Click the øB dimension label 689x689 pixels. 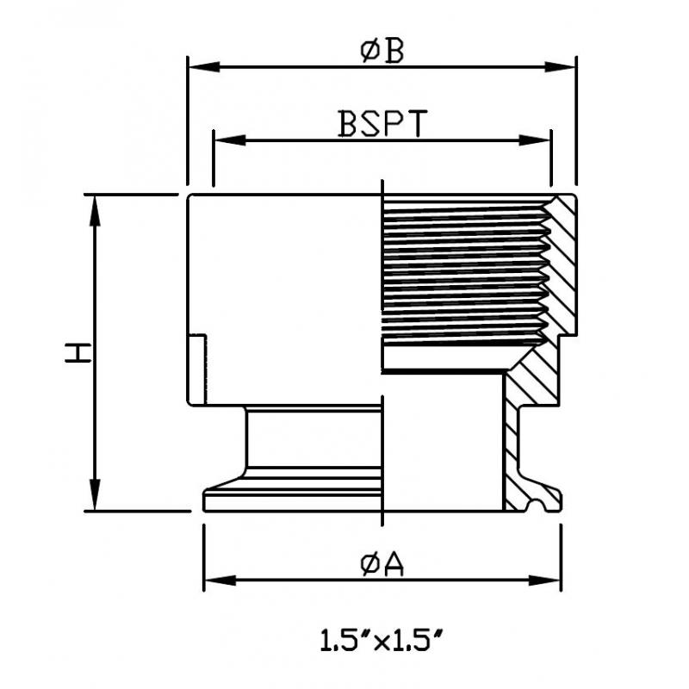pos(382,52)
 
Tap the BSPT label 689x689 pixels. pos(382,123)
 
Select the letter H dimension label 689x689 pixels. pos(78,353)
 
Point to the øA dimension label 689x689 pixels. pos(382,565)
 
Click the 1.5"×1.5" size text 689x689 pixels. pos(381,640)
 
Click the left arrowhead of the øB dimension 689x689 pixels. pos(204,67)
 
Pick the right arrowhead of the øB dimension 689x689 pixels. pos(559,67)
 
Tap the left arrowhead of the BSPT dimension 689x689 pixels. pos(230,140)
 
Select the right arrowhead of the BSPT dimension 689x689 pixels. pos(534,140)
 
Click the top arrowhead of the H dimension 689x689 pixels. pos(95,211)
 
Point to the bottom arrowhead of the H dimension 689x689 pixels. pos(95,494)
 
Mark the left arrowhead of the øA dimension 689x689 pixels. pos(220,580)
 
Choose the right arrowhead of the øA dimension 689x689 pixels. pos(545,580)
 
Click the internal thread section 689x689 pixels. pos(466,272)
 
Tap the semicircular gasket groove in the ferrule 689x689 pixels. pos(537,506)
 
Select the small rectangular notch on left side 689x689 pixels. pos(197,369)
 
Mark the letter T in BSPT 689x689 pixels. pos(417,123)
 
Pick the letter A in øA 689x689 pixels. pos(394,565)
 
